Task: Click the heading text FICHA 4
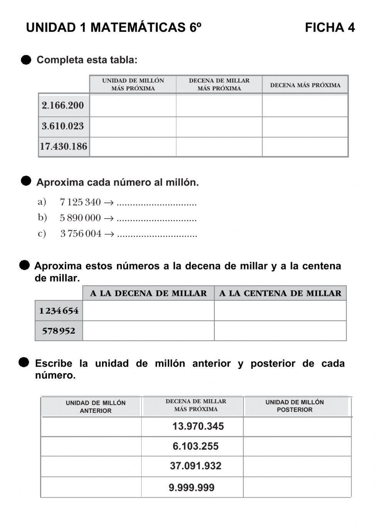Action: (330, 28)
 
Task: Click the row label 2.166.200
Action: (63, 105)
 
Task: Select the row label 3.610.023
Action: (63, 126)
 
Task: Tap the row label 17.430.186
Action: (64, 146)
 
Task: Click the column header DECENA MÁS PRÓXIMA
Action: (305, 85)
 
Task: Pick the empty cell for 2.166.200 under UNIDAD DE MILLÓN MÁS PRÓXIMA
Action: (133, 105)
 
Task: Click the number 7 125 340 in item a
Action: (80, 202)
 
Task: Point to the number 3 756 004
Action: (81, 234)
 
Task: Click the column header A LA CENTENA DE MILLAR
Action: (280, 293)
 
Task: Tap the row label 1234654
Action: (59, 311)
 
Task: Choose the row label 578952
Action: (59, 331)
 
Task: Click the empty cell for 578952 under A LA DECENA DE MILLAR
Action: (148, 331)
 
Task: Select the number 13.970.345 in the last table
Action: (198, 426)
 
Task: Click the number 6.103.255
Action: (196, 446)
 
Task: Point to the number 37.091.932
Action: (196, 466)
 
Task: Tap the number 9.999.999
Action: (192, 488)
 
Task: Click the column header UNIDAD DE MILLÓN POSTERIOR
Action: (295, 406)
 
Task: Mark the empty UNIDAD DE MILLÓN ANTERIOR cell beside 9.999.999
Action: (91, 487)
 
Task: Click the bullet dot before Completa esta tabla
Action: (26, 60)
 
